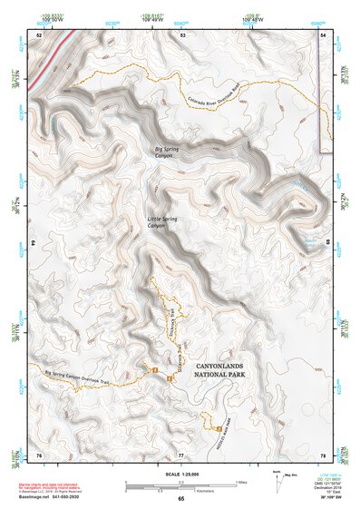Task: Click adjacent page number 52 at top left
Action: [x=39, y=34]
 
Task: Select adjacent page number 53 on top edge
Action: [x=182, y=34]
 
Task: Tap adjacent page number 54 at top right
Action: [x=324, y=34]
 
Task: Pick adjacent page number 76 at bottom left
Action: [x=39, y=454]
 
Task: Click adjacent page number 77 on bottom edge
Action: [x=181, y=454]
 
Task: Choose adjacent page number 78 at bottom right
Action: [x=324, y=454]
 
